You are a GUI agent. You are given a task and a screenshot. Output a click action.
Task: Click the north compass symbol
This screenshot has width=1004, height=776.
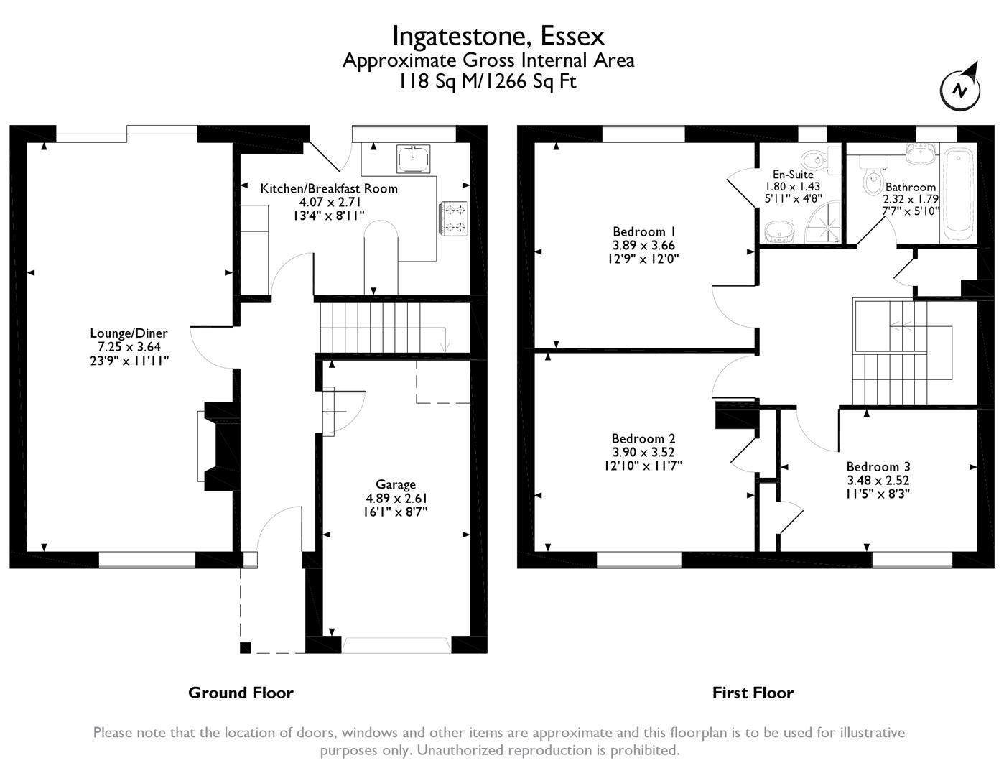tap(960, 91)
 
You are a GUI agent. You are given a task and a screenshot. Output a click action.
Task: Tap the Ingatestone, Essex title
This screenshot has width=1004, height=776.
tap(498, 36)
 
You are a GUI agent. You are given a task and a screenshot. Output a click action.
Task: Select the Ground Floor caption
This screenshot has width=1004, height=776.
tap(241, 693)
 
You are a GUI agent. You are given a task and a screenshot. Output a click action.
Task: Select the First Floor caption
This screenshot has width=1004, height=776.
tap(753, 693)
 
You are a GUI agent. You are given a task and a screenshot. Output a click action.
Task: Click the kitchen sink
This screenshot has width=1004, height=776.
tap(414, 159)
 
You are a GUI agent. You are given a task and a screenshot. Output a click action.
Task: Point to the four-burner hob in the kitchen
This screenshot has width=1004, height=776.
tap(454, 218)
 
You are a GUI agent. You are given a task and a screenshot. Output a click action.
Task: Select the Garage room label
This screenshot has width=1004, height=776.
tap(396, 484)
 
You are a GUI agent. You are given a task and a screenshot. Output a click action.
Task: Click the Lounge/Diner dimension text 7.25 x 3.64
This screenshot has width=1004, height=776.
tap(129, 346)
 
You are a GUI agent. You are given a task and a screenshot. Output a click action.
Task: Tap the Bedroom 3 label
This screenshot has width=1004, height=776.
tap(878, 466)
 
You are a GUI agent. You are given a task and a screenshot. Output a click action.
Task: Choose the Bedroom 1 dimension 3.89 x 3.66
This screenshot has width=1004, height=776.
tap(643, 245)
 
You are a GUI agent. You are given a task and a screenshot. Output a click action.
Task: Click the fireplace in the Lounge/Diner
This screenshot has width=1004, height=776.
tap(219, 446)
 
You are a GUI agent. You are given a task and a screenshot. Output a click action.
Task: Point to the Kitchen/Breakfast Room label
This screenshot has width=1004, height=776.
tap(329, 188)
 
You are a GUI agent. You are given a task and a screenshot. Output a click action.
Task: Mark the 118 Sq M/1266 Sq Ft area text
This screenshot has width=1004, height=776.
tap(488, 81)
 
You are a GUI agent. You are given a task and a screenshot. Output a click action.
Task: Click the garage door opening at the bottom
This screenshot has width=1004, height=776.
tap(396, 646)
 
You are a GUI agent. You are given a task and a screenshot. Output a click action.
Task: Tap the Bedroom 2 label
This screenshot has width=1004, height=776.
tap(643, 438)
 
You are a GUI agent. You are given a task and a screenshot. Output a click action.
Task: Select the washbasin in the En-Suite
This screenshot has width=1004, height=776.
tap(779, 231)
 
